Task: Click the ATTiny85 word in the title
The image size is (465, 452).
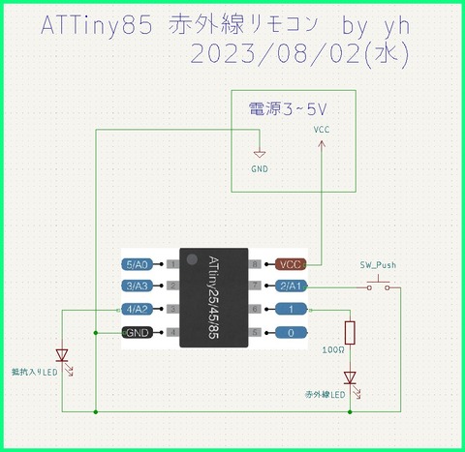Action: [x=97, y=28]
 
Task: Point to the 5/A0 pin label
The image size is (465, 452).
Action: [x=137, y=263]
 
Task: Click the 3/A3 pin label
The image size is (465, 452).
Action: [x=137, y=286]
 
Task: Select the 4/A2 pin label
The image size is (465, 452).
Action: [x=137, y=309]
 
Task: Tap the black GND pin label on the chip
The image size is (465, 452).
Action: [x=137, y=332]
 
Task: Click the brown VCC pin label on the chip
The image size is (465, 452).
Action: [x=290, y=263]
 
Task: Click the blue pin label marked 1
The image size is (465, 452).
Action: [x=291, y=309]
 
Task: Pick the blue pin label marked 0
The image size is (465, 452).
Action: [x=291, y=332]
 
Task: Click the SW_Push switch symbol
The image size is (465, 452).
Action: [x=378, y=285]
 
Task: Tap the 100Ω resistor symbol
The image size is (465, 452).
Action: [x=350, y=332]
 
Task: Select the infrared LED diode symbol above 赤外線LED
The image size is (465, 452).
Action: [x=350, y=377]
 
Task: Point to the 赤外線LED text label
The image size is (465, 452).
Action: [x=325, y=395]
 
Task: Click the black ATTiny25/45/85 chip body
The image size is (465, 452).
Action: [x=213, y=297]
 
